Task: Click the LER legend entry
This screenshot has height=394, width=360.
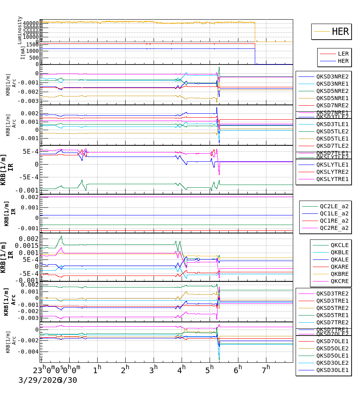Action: point(343,54)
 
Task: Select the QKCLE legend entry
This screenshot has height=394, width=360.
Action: point(339,245)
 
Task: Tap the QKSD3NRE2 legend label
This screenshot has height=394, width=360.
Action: point(332,76)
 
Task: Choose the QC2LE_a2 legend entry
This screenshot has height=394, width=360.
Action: point(334,206)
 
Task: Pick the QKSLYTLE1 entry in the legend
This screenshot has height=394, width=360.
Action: point(332,165)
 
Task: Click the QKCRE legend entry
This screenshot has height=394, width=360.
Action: point(339,281)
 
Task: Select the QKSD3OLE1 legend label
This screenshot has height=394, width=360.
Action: point(332,370)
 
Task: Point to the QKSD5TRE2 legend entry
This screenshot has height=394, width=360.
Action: point(332,308)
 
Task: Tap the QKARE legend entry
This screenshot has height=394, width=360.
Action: point(339,267)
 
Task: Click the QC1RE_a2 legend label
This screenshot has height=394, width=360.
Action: point(334,221)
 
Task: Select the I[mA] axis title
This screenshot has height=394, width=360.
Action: point(22,52)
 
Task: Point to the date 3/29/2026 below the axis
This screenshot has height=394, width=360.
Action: point(38,380)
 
